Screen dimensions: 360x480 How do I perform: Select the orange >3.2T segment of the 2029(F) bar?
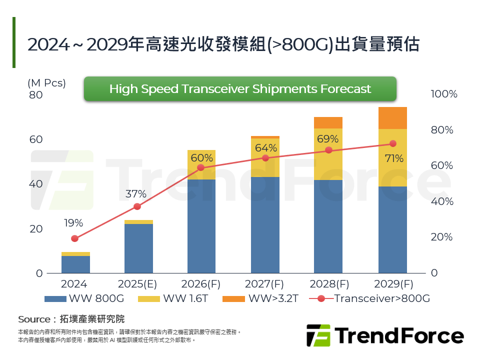tap(392, 118)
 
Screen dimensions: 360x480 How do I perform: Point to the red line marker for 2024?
tap(75, 238)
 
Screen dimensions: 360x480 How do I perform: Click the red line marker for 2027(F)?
tap(265, 158)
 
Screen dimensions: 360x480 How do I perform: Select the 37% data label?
tap(136, 194)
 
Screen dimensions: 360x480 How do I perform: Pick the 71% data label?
tap(394, 159)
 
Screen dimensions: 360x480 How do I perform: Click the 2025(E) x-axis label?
tap(137, 284)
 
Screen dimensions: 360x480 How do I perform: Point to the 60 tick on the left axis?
tap(35, 139)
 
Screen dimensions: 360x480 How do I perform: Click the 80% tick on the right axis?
tap(442, 130)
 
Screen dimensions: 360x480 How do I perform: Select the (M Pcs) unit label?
tap(46, 83)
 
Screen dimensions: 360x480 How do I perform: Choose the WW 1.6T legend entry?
tap(180, 299)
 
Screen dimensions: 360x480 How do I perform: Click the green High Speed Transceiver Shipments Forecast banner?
tap(240, 89)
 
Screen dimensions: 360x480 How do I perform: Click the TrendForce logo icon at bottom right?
tap(318, 335)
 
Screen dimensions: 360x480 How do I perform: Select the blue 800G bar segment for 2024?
tap(75, 264)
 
